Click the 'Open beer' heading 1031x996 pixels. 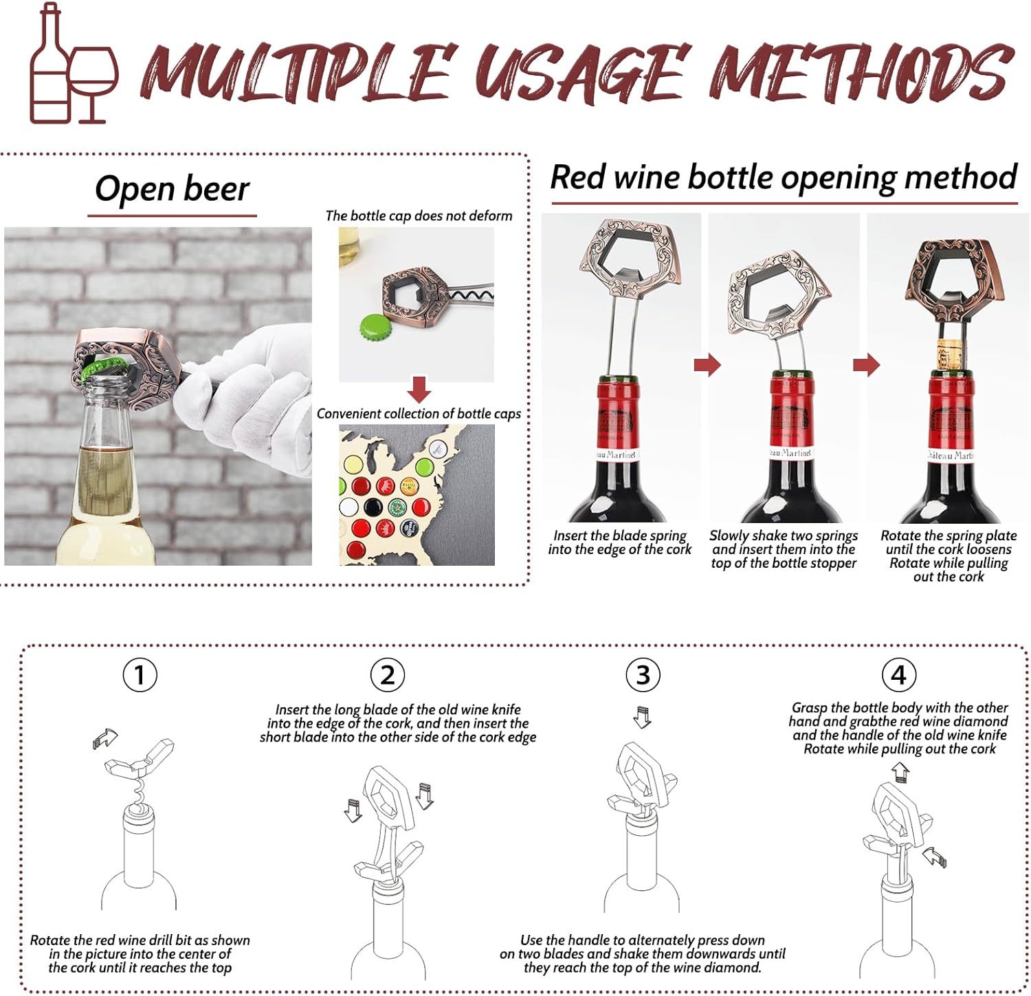tap(172, 189)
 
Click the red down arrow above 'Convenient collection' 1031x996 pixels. tap(419, 389)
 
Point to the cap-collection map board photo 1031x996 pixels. tap(417, 495)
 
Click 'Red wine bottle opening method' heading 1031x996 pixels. tap(784, 177)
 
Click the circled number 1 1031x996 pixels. tap(140, 675)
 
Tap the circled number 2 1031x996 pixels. tap(387, 675)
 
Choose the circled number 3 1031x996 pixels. tap(643, 675)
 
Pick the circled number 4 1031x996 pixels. tap(898, 675)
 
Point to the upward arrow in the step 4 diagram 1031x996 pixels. tap(901, 773)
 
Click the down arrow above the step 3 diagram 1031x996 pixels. tap(642, 717)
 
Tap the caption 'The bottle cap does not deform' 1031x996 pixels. tap(419, 216)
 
